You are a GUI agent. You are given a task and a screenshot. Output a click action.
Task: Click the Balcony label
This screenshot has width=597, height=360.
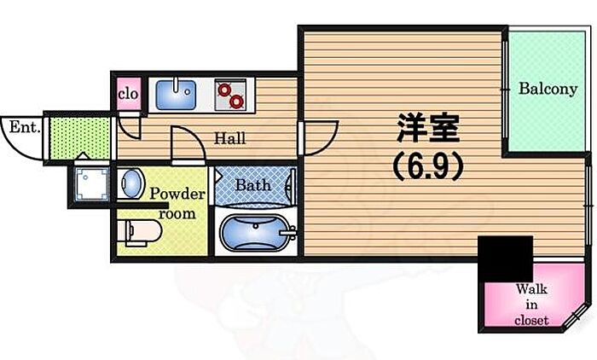[548, 88]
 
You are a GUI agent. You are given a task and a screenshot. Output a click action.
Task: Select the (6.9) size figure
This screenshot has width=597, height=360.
[427, 166]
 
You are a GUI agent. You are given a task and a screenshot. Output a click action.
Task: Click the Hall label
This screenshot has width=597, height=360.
[230, 137]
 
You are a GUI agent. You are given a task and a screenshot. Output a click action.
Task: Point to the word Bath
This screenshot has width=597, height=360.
[252, 184]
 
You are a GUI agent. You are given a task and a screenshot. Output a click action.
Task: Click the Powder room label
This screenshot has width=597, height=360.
[178, 203]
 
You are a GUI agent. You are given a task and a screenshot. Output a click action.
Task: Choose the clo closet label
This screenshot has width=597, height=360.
[128, 93]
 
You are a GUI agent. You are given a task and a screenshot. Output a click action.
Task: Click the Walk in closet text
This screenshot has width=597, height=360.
[531, 305]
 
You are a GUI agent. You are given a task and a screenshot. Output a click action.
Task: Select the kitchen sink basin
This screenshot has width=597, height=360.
[178, 92]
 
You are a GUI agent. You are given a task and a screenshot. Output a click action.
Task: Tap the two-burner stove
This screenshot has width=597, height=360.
[230, 94]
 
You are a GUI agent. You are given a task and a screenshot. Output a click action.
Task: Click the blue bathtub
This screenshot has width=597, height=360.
[255, 233]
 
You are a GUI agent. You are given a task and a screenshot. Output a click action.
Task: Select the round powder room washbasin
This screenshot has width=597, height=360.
[131, 183]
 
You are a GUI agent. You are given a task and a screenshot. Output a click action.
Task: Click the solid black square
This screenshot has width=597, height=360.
[505, 257]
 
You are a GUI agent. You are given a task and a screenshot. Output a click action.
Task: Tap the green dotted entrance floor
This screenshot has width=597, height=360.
[79, 136]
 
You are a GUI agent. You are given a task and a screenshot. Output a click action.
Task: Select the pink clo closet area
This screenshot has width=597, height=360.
[128, 94]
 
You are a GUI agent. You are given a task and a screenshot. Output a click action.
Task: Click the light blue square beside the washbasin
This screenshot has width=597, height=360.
[89, 183]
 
